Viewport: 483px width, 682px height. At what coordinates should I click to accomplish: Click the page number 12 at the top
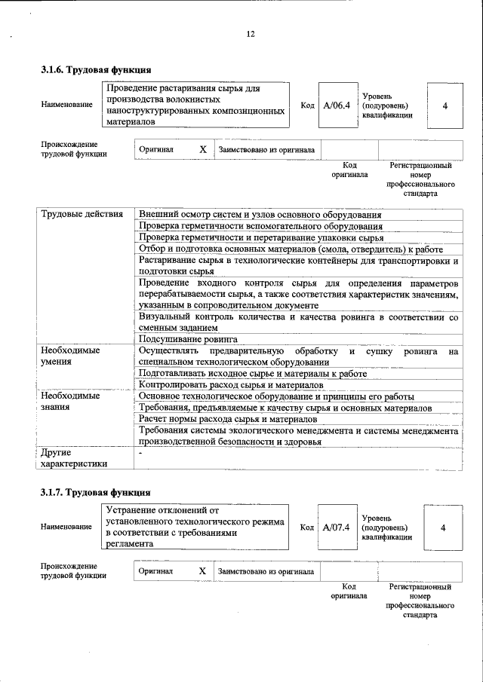(251, 33)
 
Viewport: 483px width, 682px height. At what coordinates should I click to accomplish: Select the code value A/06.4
(336, 105)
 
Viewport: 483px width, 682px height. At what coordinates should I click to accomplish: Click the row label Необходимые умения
(70, 356)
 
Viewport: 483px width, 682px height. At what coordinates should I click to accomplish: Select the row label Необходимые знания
(70, 401)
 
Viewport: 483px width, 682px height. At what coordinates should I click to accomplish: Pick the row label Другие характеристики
(74, 457)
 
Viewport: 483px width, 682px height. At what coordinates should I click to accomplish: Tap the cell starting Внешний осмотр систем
(260, 215)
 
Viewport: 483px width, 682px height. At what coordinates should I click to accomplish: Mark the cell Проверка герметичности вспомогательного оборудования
(260, 226)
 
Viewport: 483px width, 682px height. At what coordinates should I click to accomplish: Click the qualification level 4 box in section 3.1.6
(445, 106)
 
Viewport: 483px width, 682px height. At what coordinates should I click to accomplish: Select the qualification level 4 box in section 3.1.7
(442, 527)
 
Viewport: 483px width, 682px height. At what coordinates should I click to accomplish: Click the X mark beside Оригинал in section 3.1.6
(202, 149)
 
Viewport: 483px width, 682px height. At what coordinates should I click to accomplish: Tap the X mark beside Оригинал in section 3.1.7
(202, 571)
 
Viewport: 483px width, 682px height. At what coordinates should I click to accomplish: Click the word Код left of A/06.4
(307, 106)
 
